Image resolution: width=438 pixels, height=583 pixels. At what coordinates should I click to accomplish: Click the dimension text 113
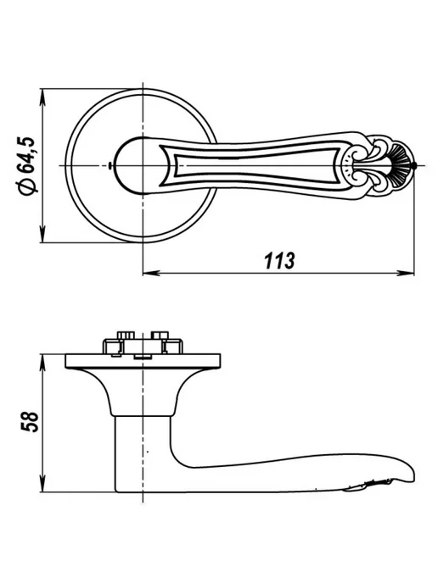pyautogui.click(x=279, y=260)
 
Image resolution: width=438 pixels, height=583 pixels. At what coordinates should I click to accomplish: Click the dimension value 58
pyautogui.click(x=30, y=422)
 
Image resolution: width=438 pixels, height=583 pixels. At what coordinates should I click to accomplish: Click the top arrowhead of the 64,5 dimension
pyautogui.click(x=42, y=97)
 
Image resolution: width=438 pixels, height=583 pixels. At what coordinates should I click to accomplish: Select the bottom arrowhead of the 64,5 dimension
pyautogui.click(x=42, y=235)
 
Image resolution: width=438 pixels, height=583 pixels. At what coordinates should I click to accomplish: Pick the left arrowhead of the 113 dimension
pyautogui.click(x=151, y=273)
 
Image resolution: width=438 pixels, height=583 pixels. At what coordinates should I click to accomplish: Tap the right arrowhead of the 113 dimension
pyautogui.click(x=406, y=273)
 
